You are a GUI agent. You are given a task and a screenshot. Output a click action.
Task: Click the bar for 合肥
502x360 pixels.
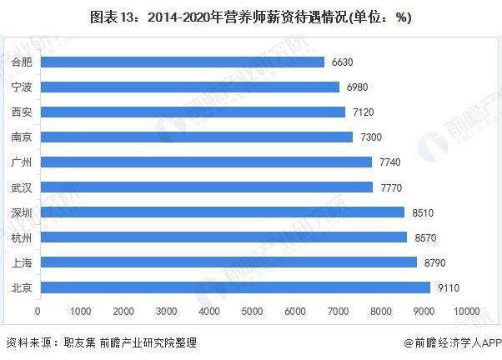tap(183, 62)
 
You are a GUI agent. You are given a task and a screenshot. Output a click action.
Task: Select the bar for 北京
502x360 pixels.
tap(235, 287)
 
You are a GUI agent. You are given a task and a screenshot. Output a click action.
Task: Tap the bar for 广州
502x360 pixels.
tap(206, 162)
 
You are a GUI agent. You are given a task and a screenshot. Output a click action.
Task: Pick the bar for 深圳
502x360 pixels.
tap(223, 212)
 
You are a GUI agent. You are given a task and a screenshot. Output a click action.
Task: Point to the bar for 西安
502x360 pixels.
tap(193, 112)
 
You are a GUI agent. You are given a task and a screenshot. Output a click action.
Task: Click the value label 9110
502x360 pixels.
tap(449, 288)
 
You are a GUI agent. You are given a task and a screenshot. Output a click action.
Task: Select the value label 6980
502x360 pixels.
tap(357, 87)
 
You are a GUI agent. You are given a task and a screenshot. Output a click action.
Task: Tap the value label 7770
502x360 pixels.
tap(391, 187)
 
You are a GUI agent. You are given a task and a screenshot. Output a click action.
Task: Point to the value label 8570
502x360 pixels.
tap(425, 237)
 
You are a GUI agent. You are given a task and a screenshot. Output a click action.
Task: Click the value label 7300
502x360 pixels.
tap(371, 137)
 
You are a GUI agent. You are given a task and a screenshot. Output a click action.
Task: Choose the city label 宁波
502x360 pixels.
tap(22, 87)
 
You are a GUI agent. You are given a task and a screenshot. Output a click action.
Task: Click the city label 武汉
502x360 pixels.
tap(22, 187)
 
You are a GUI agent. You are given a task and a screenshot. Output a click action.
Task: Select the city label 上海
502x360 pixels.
tap(22, 262)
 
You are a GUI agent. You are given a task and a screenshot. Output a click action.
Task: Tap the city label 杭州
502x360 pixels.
tap(22, 237)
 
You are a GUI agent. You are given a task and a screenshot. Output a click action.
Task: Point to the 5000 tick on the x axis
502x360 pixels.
tap(252, 311)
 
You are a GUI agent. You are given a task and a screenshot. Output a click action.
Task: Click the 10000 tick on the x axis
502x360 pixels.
tap(467, 311)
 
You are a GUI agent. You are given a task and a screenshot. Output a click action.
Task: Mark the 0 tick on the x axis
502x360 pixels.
tap(38, 311)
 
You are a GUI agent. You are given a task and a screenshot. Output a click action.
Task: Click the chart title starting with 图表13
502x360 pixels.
tap(251, 17)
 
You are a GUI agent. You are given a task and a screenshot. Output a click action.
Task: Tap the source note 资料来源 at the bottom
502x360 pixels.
tap(101, 342)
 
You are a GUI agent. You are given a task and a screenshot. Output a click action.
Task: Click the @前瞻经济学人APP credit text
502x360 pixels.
tap(453, 342)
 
